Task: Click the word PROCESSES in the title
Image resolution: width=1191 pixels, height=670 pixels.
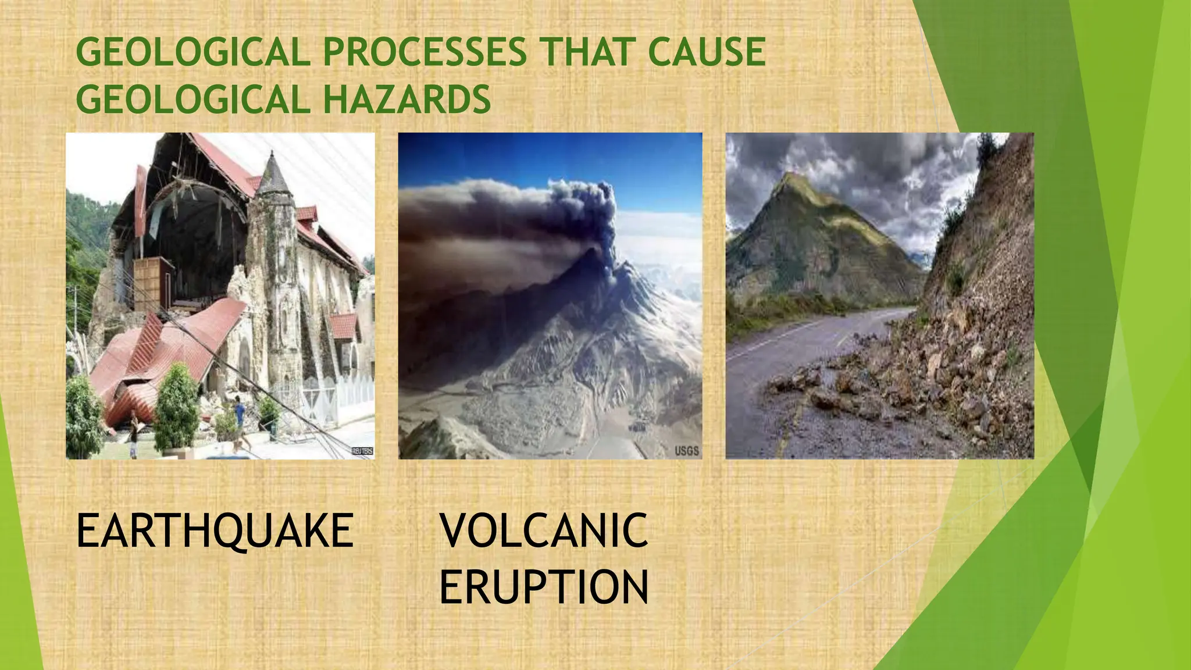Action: coord(425,52)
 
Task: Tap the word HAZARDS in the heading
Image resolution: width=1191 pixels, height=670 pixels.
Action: coord(406,99)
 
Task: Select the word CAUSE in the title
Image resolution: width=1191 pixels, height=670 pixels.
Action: coord(706,52)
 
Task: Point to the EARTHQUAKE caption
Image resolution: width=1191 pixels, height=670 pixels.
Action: coord(215,531)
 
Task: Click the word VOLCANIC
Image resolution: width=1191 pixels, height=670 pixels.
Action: coord(543,531)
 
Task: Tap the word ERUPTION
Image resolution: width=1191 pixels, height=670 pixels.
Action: coord(543,587)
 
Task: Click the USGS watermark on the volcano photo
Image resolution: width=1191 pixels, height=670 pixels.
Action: coord(686,451)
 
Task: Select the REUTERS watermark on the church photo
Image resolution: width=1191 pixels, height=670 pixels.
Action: coord(362,451)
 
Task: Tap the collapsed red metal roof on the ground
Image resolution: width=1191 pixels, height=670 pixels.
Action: coord(163,349)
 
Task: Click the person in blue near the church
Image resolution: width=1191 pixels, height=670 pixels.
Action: coord(239,413)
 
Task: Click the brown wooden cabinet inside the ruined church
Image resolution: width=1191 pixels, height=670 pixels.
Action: coord(152,285)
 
